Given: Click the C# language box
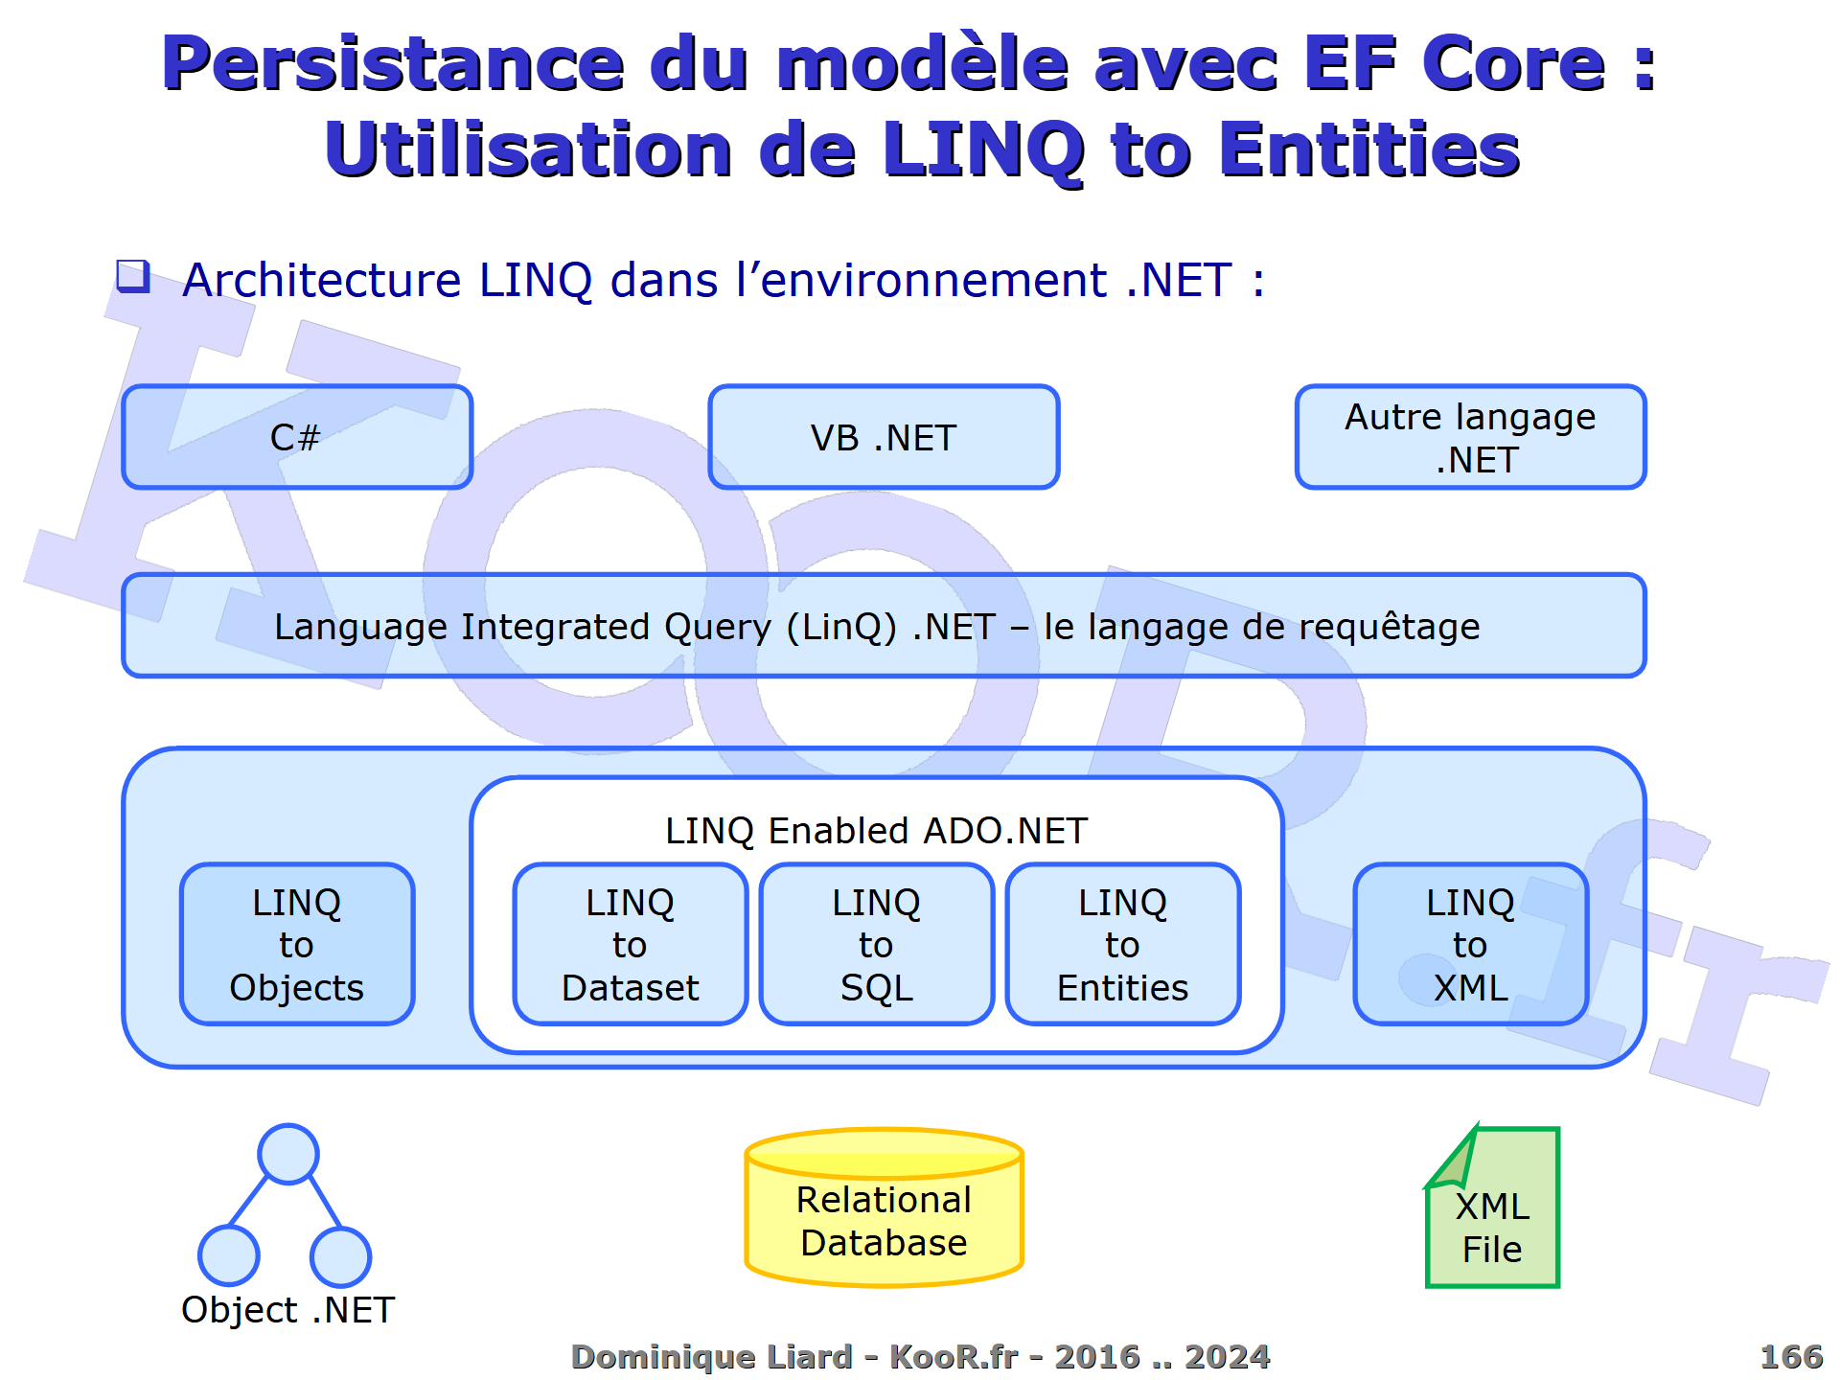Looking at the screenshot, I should pyautogui.click(x=297, y=437).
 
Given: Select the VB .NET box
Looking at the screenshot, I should pyautogui.click(x=884, y=437).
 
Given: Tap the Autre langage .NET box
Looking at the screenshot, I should pyautogui.click(x=1470, y=437).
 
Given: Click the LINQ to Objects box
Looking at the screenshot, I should pyautogui.click(x=297, y=944).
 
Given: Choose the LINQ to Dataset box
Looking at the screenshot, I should pyautogui.click(x=630, y=944).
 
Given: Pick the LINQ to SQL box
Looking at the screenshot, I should pyautogui.click(x=876, y=944).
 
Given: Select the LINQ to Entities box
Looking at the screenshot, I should pyautogui.click(x=1122, y=944).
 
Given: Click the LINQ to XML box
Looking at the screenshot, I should pyautogui.click(x=1470, y=944).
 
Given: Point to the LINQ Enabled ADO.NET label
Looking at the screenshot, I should pyautogui.click(x=876, y=831).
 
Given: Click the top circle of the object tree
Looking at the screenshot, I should pyautogui.click(x=288, y=1154).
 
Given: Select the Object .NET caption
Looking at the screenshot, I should pyautogui.click(x=287, y=1310).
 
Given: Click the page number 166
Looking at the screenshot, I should pyautogui.click(x=1790, y=1356).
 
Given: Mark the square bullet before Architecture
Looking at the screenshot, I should pyautogui.click(x=133, y=276).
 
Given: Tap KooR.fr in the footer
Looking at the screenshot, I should pyautogui.click(x=954, y=1356).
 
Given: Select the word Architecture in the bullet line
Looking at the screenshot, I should pyautogui.click(x=322, y=280).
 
